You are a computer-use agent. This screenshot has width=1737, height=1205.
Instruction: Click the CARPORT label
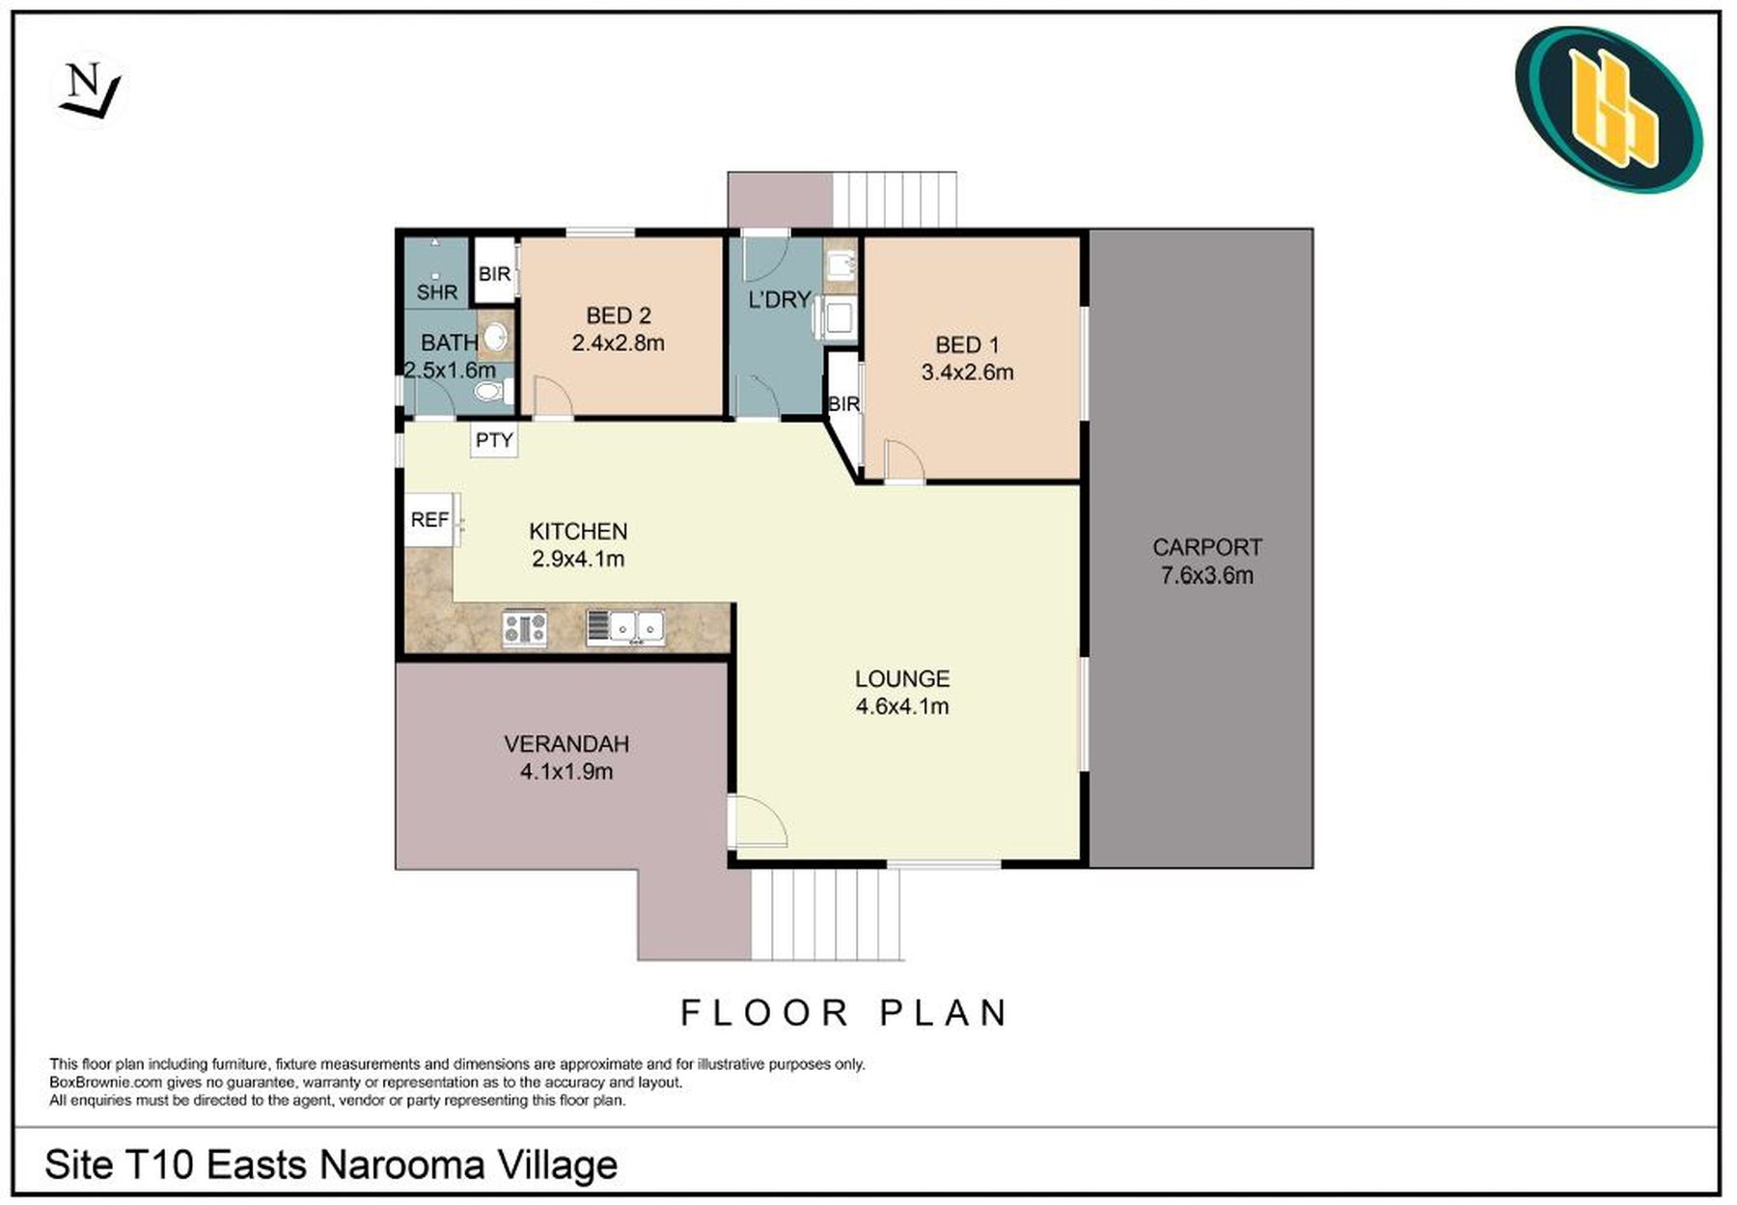(x=1206, y=547)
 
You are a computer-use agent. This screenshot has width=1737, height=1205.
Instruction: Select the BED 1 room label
(x=967, y=344)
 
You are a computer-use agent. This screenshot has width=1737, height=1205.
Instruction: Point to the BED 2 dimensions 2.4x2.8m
(x=618, y=342)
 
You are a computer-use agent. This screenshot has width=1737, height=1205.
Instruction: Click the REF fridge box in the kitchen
(x=429, y=520)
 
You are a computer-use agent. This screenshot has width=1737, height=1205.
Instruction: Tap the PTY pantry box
(x=494, y=440)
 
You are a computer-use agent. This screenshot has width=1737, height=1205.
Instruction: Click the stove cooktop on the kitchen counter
(x=525, y=628)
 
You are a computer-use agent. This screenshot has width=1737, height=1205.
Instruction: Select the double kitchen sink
(x=625, y=628)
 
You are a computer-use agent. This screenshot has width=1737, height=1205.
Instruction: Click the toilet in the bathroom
(x=493, y=392)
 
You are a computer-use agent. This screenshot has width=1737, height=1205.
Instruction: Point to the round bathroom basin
(x=495, y=338)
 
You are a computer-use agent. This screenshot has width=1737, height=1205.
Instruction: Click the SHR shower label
(x=437, y=291)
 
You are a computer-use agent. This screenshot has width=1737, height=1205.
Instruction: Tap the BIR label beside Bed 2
(x=494, y=274)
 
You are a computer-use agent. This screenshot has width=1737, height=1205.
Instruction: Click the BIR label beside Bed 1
(x=843, y=404)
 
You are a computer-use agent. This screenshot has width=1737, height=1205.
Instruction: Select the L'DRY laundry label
(x=779, y=300)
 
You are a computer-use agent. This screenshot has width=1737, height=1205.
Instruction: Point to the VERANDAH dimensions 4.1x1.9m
(x=566, y=772)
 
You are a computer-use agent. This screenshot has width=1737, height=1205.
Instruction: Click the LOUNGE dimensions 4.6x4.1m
(x=902, y=706)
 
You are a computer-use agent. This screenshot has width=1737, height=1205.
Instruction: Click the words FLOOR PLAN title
(x=844, y=1013)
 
